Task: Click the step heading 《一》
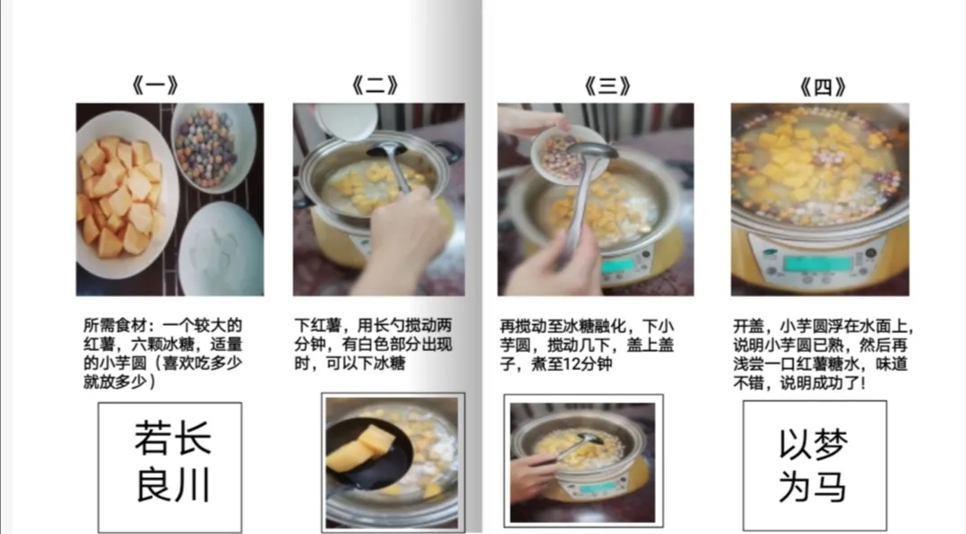pyautogui.click(x=155, y=85)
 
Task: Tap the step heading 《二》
pyautogui.click(x=375, y=85)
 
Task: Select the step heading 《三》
pyautogui.click(x=607, y=86)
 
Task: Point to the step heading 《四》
pyautogui.click(x=823, y=86)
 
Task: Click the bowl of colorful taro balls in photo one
pyautogui.click(x=213, y=148)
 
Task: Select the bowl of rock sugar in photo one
pyautogui.click(x=221, y=248)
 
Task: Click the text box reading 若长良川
pyautogui.click(x=170, y=467)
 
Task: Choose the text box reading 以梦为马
pyautogui.click(x=815, y=466)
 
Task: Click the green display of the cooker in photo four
pyautogui.click(x=817, y=263)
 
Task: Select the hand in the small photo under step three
pyautogui.click(x=533, y=477)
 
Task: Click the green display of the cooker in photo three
pyautogui.click(x=618, y=266)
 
